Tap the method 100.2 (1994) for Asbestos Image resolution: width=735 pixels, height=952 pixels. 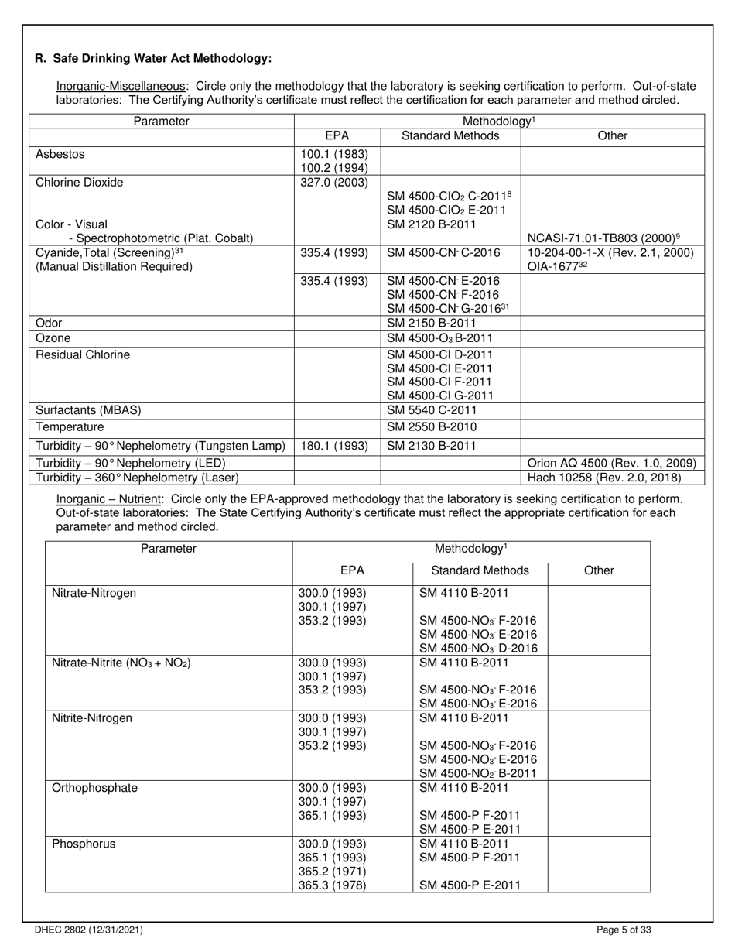[334, 167]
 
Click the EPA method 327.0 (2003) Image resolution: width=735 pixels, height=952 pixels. [334, 183]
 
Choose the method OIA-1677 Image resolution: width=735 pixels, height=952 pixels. [553, 267]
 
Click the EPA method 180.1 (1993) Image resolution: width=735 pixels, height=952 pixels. [334, 446]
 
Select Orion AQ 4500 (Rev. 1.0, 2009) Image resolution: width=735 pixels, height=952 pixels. [611, 464]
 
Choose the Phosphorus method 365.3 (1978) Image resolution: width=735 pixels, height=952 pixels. [332, 885]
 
